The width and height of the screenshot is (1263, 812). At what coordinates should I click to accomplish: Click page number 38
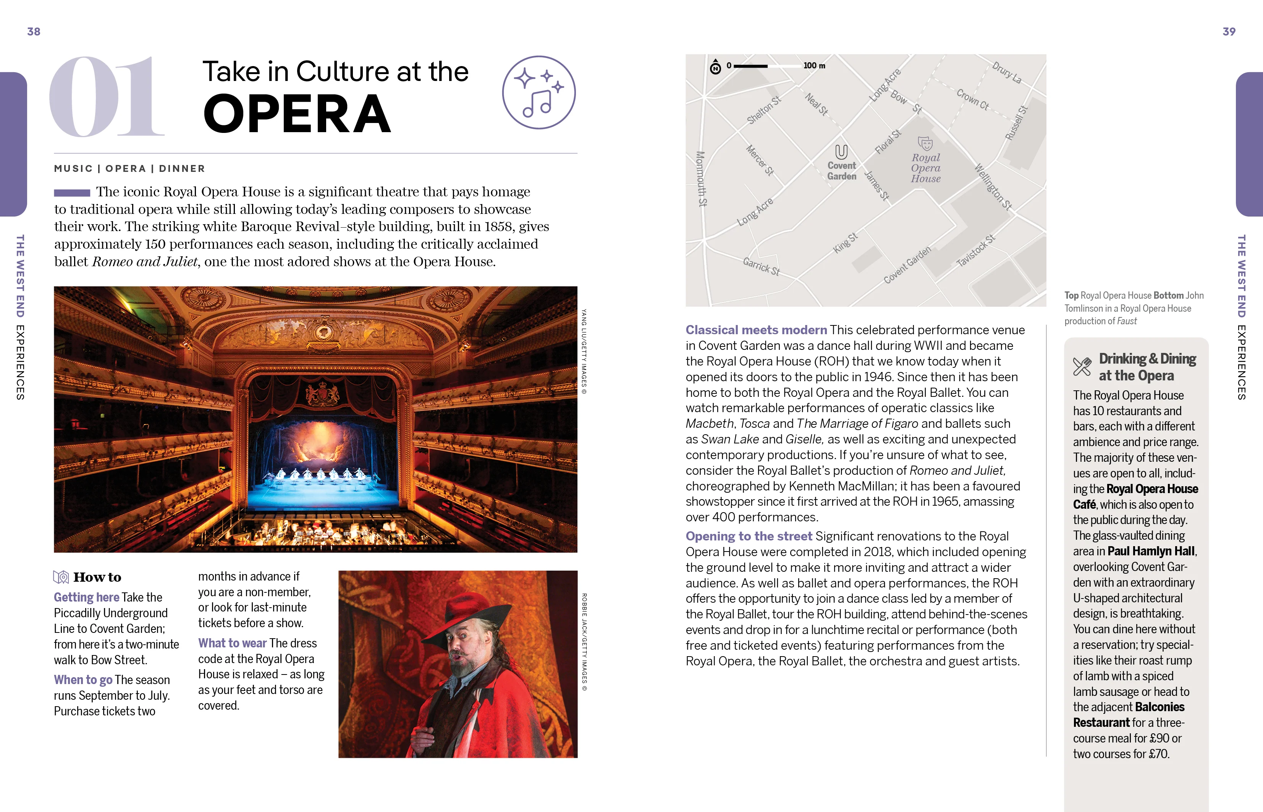click(x=34, y=32)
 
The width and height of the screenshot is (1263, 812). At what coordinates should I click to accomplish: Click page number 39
click(x=1229, y=32)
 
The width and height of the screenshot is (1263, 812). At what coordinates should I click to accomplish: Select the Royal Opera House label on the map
click(x=926, y=168)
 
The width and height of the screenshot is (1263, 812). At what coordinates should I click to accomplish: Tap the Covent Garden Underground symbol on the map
click(x=841, y=152)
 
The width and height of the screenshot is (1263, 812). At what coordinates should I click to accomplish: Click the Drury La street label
click(x=1006, y=73)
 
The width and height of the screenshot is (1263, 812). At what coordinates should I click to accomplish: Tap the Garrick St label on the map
click(x=761, y=266)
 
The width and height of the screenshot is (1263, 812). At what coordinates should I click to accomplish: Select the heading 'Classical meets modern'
click(x=756, y=330)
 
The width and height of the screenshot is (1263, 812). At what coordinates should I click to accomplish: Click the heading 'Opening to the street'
click(x=749, y=536)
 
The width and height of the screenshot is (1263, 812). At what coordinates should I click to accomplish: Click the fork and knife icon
click(x=1082, y=366)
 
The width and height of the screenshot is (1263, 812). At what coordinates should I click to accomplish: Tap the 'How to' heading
click(x=97, y=577)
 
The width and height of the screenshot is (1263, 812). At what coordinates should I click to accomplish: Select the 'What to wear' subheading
click(x=232, y=643)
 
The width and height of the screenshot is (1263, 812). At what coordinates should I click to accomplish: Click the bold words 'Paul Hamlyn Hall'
click(x=1151, y=552)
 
